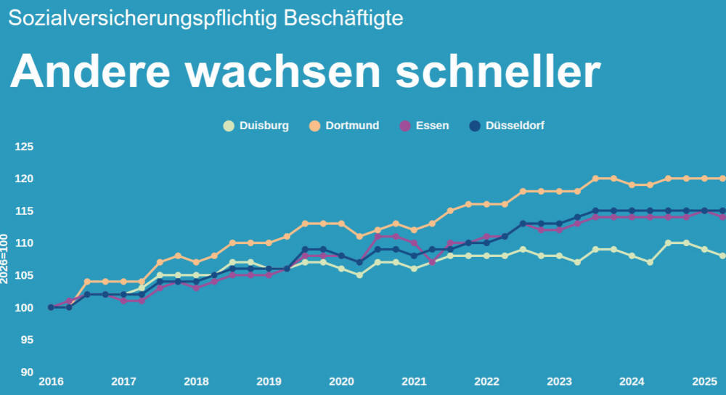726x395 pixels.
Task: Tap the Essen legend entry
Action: click(x=424, y=126)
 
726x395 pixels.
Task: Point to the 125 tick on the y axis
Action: click(x=25, y=147)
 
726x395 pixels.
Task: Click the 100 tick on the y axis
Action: click(x=25, y=308)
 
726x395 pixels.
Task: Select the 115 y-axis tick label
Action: click(x=25, y=211)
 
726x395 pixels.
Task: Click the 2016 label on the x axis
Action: click(x=51, y=382)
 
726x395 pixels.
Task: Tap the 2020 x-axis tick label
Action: click(x=341, y=382)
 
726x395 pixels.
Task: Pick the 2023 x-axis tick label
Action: click(x=559, y=382)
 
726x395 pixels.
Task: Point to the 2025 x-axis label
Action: click(x=704, y=382)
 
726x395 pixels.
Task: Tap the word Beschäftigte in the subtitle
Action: click(x=343, y=19)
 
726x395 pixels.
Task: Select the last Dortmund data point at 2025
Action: click(x=722, y=179)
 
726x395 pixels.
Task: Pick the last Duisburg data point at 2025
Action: click(x=722, y=256)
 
